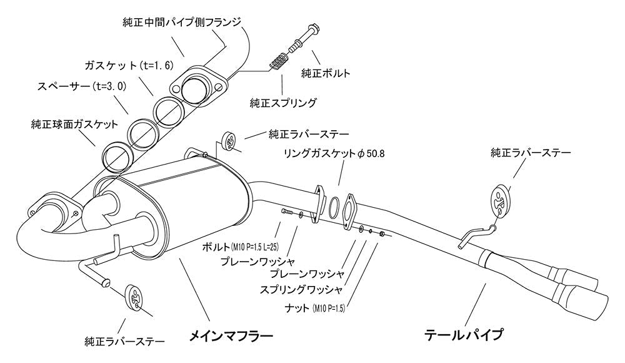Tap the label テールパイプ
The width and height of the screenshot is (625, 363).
[463, 335]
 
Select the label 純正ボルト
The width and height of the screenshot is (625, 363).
[326, 73]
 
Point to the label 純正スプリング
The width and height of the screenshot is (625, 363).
[283, 103]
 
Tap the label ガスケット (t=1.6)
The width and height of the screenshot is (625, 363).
[129, 64]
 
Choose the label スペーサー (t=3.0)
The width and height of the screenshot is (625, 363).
[82, 86]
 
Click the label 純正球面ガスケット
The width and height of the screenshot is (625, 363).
[74, 124]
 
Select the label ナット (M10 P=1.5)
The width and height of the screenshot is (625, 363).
[315, 308]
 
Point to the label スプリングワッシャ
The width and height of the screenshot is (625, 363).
[301, 290]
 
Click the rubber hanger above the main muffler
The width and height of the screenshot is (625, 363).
[228, 142]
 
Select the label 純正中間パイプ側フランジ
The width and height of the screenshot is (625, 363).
[182, 22]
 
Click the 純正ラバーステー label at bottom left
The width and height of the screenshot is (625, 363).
[125, 342]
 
